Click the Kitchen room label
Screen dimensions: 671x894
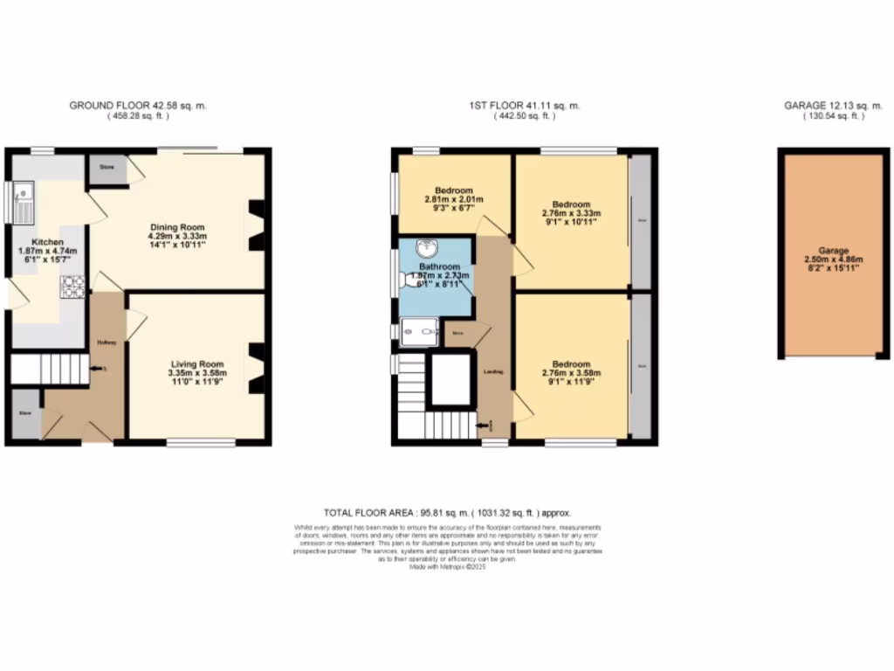[48, 241]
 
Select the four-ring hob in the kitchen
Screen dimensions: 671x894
[73, 286]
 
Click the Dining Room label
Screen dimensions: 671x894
[176, 227]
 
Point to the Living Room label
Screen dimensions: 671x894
[196, 364]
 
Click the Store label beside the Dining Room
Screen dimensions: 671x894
[107, 166]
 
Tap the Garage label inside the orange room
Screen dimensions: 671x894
[832, 250]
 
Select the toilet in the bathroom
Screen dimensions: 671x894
[408, 280]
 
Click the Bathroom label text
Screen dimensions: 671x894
[439, 266]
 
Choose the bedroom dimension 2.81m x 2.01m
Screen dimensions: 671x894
[453, 200]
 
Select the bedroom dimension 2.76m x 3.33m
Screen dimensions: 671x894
[571, 213]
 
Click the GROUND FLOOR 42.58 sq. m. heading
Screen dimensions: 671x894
[138, 106]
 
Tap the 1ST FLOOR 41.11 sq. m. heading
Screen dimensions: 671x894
[525, 106]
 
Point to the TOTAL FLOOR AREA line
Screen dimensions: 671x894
[447, 514]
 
